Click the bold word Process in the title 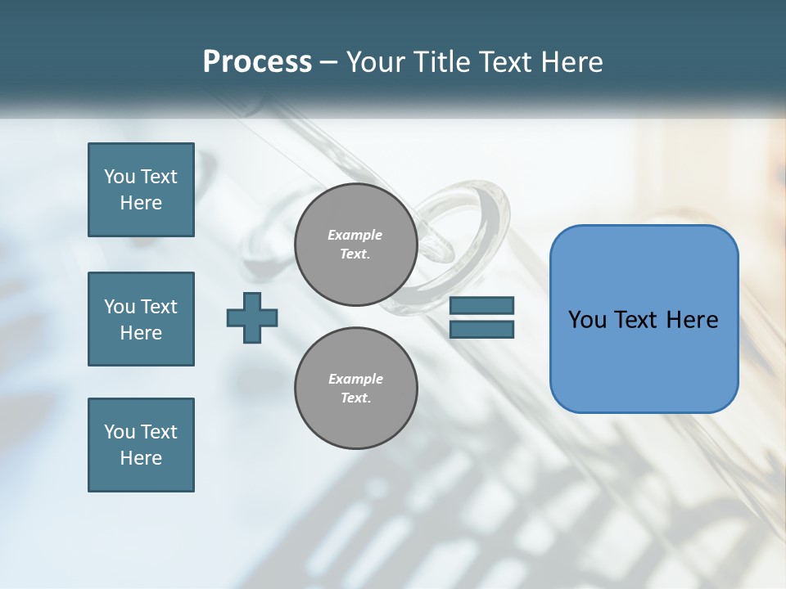(x=257, y=62)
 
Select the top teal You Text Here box (x=141, y=190)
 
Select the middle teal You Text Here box (x=141, y=319)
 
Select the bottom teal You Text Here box (x=141, y=445)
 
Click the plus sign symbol (x=252, y=317)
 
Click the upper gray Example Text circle (x=356, y=245)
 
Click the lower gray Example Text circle (x=356, y=389)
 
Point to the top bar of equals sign (x=481, y=305)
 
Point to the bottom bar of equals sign (x=481, y=330)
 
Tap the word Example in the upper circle (x=355, y=235)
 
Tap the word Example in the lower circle (x=355, y=379)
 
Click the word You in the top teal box (x=120, y=177)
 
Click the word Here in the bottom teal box (x=141, y=458)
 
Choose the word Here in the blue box (x=692, y=320)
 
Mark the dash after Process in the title (x=328, y=62)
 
